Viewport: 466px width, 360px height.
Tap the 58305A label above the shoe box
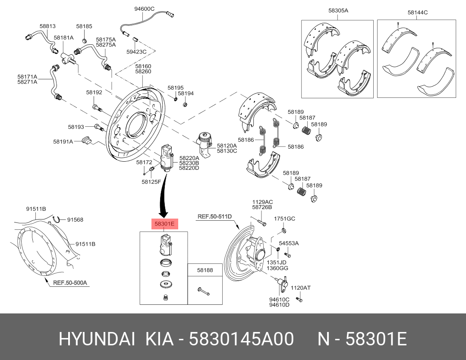(338, 10)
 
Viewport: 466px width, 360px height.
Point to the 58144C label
(417, 13)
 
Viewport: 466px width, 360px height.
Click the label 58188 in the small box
(205, 270)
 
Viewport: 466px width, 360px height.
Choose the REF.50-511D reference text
(215, 216)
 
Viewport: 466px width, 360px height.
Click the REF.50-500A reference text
(70, 283)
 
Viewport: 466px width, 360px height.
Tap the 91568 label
(75, 219)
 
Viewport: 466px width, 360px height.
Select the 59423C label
(136, 52)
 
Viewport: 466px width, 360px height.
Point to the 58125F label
(151, 182)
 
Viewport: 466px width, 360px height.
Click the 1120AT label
(300, 288)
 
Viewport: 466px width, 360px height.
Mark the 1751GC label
(284, 219)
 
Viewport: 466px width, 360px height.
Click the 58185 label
(84, 26)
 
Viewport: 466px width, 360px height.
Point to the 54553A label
(289, 244)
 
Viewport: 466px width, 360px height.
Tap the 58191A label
(64, 141)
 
